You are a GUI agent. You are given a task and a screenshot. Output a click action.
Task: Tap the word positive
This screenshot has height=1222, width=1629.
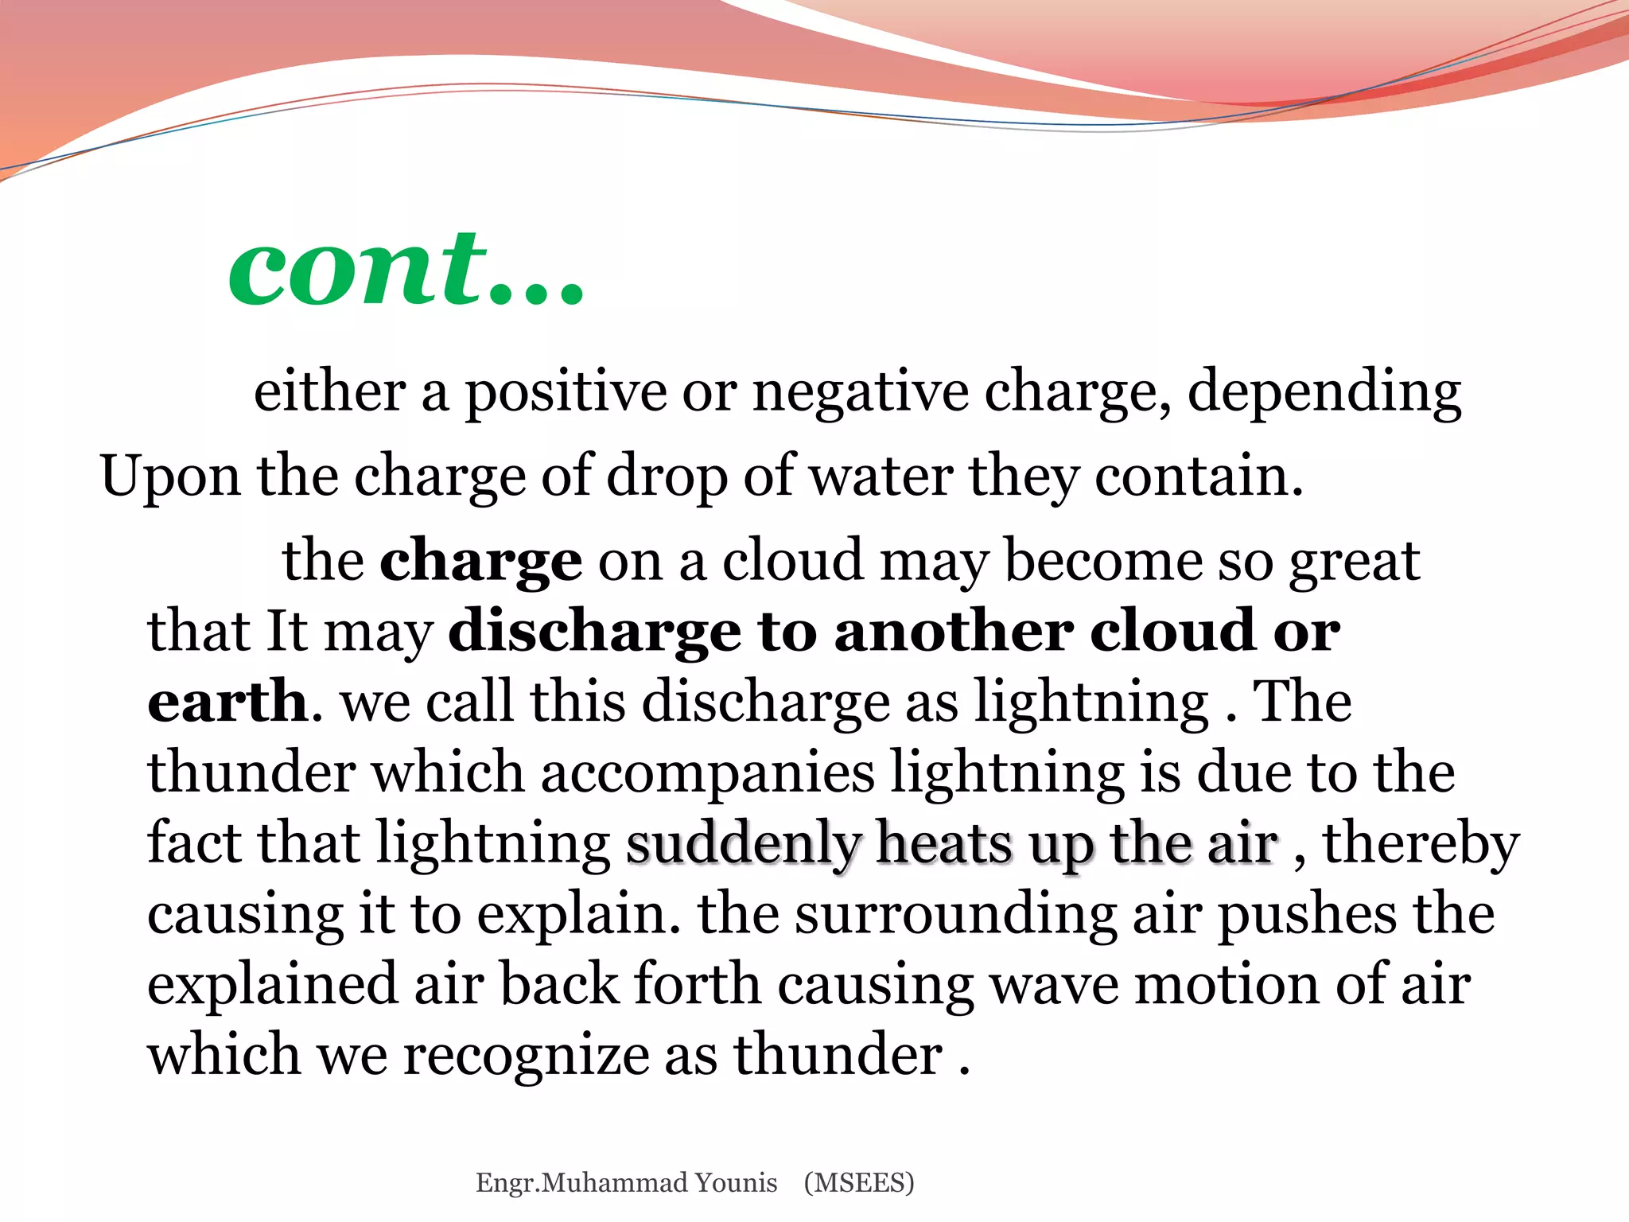click(566, 392)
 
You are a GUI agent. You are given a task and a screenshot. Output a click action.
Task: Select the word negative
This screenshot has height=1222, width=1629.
click(860, 392)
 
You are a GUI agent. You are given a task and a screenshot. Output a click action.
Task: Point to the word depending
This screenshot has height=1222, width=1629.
click(1324, 392)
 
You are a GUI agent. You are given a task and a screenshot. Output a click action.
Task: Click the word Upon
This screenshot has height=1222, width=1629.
click(170, 477)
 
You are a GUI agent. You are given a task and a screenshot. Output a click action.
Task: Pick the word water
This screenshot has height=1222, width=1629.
click(881, 476)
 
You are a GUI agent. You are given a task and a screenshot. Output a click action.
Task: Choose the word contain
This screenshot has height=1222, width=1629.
click(1199, 476)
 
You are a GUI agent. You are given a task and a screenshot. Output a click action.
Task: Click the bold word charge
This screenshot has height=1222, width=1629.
click(481, 562)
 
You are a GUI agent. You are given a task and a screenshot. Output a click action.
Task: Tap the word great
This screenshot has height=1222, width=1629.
click(1355, 562)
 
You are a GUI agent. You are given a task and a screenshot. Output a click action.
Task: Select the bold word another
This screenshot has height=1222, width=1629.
click(954, 631)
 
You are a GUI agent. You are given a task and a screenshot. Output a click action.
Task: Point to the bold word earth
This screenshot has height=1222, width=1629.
click(227, 701)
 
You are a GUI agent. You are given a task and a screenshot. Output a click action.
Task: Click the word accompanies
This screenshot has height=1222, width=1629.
click(707, 772)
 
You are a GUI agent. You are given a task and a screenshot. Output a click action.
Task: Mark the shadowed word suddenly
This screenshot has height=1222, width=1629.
click(744, 843)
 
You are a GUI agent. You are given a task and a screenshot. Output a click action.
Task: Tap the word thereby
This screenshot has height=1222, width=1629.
click(1421, 843)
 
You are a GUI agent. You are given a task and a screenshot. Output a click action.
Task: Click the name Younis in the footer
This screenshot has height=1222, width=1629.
click(736, 1183)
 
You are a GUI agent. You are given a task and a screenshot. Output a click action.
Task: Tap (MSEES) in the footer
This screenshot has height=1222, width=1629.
click(859, 1183)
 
